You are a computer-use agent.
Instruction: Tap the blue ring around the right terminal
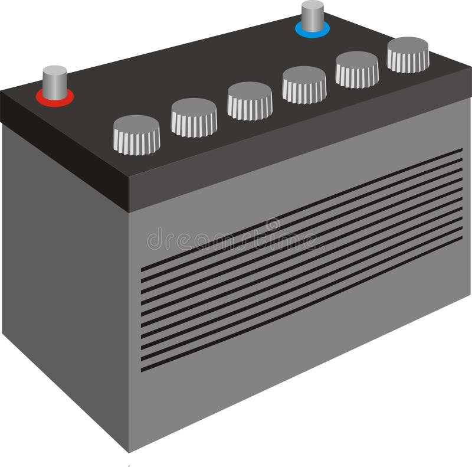(x=312, y=32)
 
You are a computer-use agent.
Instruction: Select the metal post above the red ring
(x=55, y=81)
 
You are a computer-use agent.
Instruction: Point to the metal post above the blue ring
(x=312, y=14)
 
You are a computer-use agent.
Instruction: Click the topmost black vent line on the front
(x=301, y=210)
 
